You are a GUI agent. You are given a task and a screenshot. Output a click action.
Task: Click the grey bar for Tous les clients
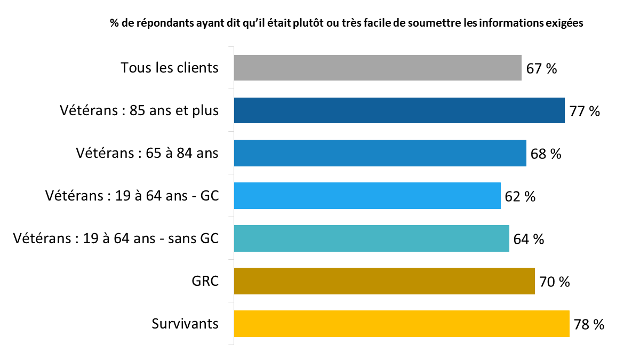(378, 68)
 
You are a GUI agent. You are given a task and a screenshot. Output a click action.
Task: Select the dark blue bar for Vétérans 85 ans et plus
(399, 110)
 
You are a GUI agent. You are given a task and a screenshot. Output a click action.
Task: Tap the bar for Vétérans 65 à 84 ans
(380, 153)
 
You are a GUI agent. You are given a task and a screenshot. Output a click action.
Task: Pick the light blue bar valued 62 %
(367, 196)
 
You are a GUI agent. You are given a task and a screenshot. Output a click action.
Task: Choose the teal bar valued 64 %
(371, 238)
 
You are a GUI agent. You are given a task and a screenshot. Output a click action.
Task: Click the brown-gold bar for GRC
(384, 281)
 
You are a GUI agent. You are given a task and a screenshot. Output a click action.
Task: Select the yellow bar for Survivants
(402, 324)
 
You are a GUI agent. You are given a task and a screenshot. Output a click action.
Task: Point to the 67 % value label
(541, 69)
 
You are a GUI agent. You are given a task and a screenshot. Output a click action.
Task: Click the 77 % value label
(585, 111)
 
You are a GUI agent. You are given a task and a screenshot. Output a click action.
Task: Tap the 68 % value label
(546, 154)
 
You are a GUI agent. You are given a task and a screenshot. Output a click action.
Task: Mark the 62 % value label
(520, 197)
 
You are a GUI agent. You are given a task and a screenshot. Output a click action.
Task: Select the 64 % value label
(529, 239)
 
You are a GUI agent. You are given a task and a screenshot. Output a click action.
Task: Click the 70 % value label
(555, 282)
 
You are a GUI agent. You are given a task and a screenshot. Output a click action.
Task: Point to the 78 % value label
(589, 325)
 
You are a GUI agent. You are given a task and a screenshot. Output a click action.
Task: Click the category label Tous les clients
(170, 68)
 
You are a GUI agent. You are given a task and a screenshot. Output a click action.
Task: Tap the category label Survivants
(185, 324)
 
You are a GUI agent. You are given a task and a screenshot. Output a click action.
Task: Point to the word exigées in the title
(565, 23)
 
